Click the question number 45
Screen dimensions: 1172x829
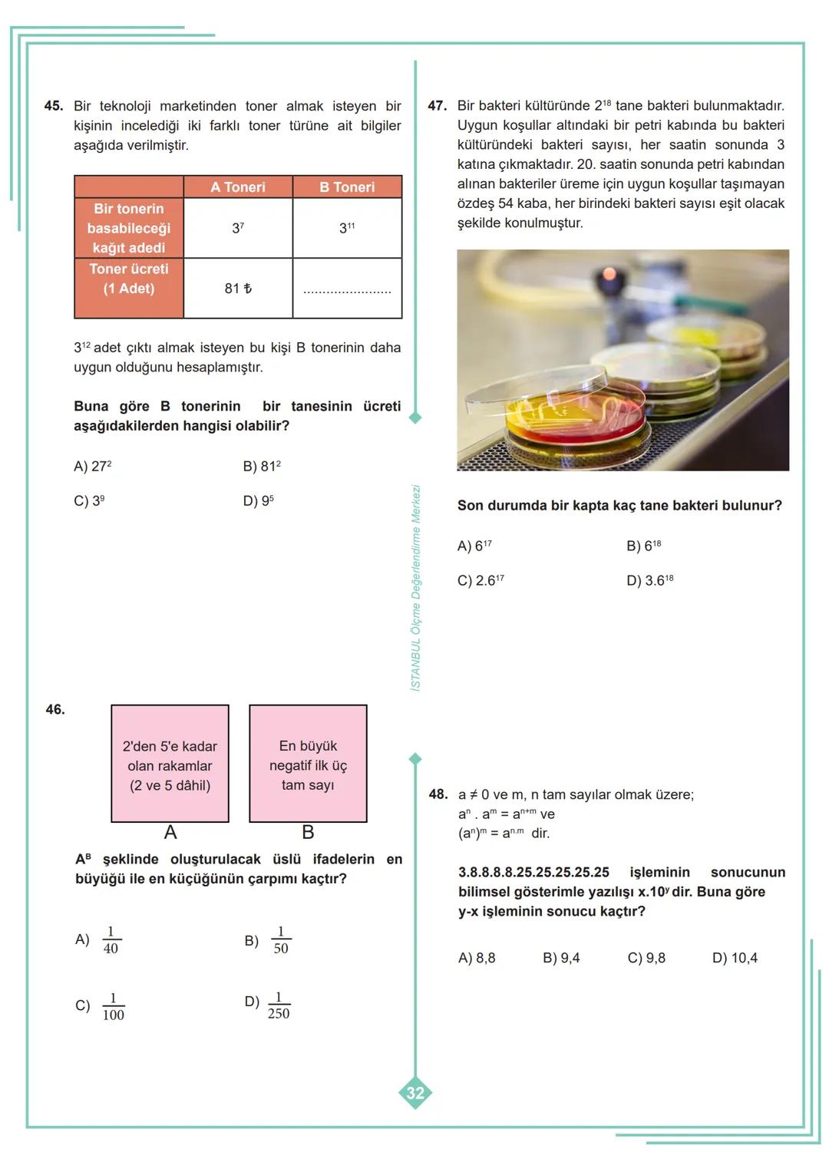point(53,106)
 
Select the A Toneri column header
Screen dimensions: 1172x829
point(238,187)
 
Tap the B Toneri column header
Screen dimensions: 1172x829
point(347,187)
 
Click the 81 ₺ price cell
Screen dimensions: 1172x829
point(238,289)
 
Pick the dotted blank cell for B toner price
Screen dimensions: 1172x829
point(347,290)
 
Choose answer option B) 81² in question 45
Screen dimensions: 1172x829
point(262,467)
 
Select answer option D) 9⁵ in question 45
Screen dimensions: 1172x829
point(259,501)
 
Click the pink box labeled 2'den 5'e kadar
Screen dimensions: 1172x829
point(170,764)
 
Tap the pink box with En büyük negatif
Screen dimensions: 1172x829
point(308,764)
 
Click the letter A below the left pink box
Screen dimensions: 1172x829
point(170,833)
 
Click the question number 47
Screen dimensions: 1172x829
point(437,106)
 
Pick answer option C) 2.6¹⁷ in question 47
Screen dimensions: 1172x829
point(481,581)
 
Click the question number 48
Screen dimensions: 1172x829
point(438,794)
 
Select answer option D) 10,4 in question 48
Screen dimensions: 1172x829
point(735,958)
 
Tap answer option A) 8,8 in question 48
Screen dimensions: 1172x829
point(477,958)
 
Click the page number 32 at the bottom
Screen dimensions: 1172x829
point(415,1093)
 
